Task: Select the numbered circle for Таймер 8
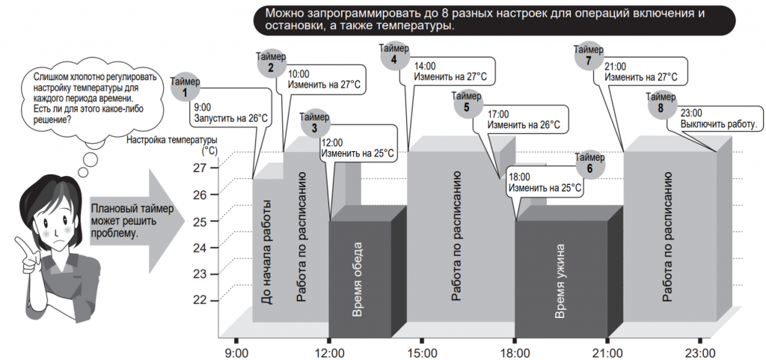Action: click(661, 109)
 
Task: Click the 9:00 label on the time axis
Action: click(236, 353)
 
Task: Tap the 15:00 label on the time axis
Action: click(423, 353)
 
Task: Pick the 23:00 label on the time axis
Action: click(701, 353)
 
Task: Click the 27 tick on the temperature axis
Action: click(200, 168)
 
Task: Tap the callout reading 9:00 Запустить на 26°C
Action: click(230, 112)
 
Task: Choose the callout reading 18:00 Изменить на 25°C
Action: click(545, 182)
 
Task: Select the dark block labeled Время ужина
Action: click(562, 278)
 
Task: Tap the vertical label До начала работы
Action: click(267, 252)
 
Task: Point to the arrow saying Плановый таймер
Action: click(137, 219)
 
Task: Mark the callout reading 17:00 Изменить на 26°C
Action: click(523, 120)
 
